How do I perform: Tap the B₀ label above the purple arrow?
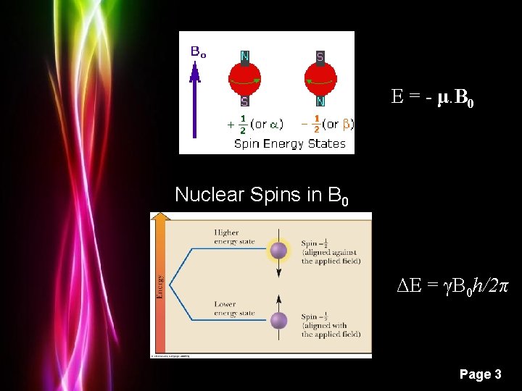tap(198, 51)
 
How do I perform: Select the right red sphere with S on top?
tap(320, 80)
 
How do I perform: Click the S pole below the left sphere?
tap(246, 102)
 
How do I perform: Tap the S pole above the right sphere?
tap(320, 56)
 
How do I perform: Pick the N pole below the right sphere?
tap(320, 102)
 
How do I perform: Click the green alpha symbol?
tap(273, 125)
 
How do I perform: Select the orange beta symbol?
tap(346, 125)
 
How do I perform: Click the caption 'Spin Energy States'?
tap(289, 143)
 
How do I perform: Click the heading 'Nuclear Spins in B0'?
tap(262, 195)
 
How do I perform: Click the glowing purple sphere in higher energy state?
tap(278, 251)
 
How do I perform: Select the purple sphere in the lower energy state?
tap(278, 320)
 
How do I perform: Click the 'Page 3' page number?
tap(480, 374)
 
